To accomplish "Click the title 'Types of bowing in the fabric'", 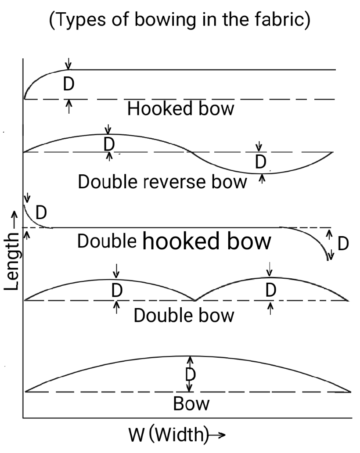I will [180, 21].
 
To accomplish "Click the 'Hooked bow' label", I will [180, 109].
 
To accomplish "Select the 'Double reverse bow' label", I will [162, 181].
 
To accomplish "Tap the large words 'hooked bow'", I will [207, 241].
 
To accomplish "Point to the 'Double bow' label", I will [184, 315].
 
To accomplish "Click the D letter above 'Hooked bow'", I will [68, 84].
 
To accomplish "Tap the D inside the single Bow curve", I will [190, 374].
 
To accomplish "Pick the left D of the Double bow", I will [116, 290].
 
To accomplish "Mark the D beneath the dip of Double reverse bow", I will [261, 162].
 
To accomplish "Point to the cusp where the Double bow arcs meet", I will [195, 301].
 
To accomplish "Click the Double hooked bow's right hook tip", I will [328, 260].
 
